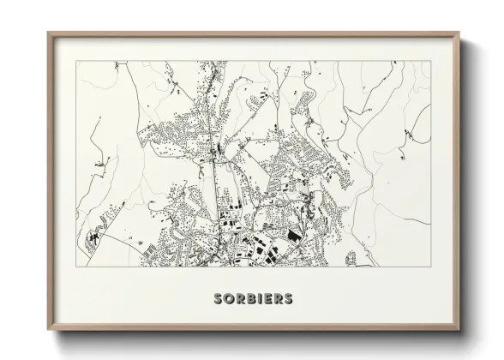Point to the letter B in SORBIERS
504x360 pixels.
[x=249, y=299]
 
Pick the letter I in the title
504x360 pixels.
[x=257, y=299]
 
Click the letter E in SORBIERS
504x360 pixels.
[x=266, y=299]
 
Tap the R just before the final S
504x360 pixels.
[x=277, y=299]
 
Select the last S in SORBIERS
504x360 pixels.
[x=288, y=299]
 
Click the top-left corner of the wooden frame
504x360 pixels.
[x=48, y=33]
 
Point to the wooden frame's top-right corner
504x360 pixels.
[x=460, y=33]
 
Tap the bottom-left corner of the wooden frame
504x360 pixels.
[x=48, y=329]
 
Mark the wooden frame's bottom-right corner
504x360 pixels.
[x=460, y=329]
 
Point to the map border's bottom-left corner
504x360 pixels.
[x=76, y=266]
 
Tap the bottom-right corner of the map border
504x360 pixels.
[x=430, y=266]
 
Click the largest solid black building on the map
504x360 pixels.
[x=294, y=234]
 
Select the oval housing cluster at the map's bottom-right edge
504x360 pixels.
[x=351, y=258]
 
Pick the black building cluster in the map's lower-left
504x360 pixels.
[x=94, y=232]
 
